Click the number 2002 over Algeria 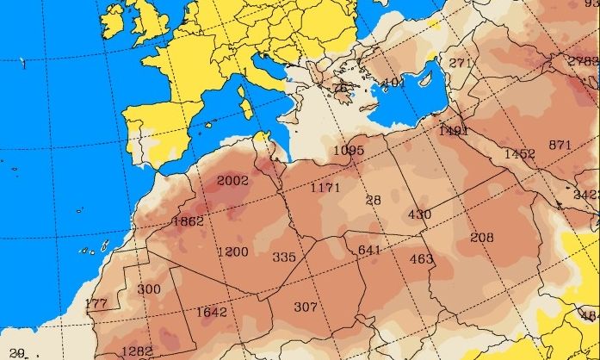click(232, 181)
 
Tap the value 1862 click(188, 221)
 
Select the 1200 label click(232, 252)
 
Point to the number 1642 click(211, 312)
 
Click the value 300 click(149, 289)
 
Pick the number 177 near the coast click(96, 304)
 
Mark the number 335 click(284, 257)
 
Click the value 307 click(306, 307)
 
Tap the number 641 click(369, 250)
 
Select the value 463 click(421, 259)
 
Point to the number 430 click(419, 214)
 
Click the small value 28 click(373, 201)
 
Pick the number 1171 click(325, 187)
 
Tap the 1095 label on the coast click(349, 150)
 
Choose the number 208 click(482, 238)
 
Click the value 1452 click(520, 153)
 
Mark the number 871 click(560, 145)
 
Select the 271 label click(461, 63)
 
